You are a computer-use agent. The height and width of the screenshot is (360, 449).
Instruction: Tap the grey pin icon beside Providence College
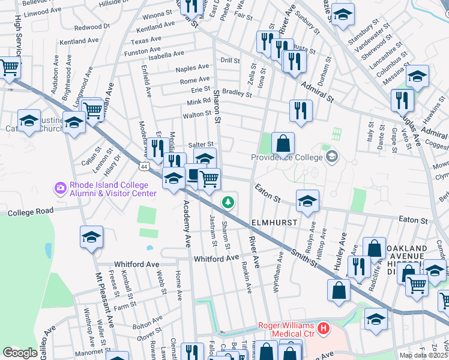(331, 157)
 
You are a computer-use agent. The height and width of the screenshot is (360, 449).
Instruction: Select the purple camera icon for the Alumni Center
(60, 188)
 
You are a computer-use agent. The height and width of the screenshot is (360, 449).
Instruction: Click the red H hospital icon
(324, 328)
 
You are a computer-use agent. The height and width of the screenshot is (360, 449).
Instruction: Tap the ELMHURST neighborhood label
(274, 221)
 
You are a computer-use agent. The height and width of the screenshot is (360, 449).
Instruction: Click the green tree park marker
(228, 202)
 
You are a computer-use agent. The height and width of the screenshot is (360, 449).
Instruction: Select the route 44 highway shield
(144, 166)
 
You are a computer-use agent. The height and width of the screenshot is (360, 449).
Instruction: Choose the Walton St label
(197, 114)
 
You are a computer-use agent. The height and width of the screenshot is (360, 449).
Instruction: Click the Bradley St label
(237, 93)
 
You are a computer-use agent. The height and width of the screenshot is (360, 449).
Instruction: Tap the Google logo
(20, 353)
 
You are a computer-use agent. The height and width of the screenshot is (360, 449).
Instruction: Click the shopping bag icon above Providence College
(283, 144)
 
